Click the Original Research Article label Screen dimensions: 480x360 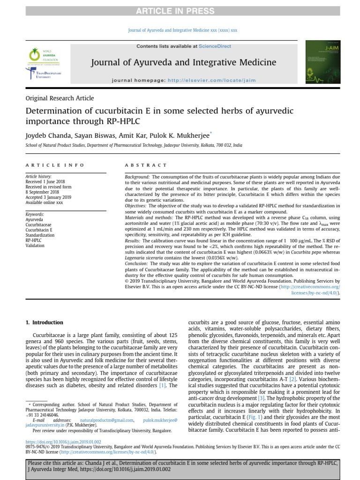click(x=60, y=98)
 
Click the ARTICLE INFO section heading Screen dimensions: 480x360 click(x=55, y=165)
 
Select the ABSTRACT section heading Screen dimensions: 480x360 click(x=146, y=165)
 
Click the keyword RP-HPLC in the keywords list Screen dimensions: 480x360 click(x=33, y=240)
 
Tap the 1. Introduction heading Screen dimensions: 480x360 click(x=44, y=322)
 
